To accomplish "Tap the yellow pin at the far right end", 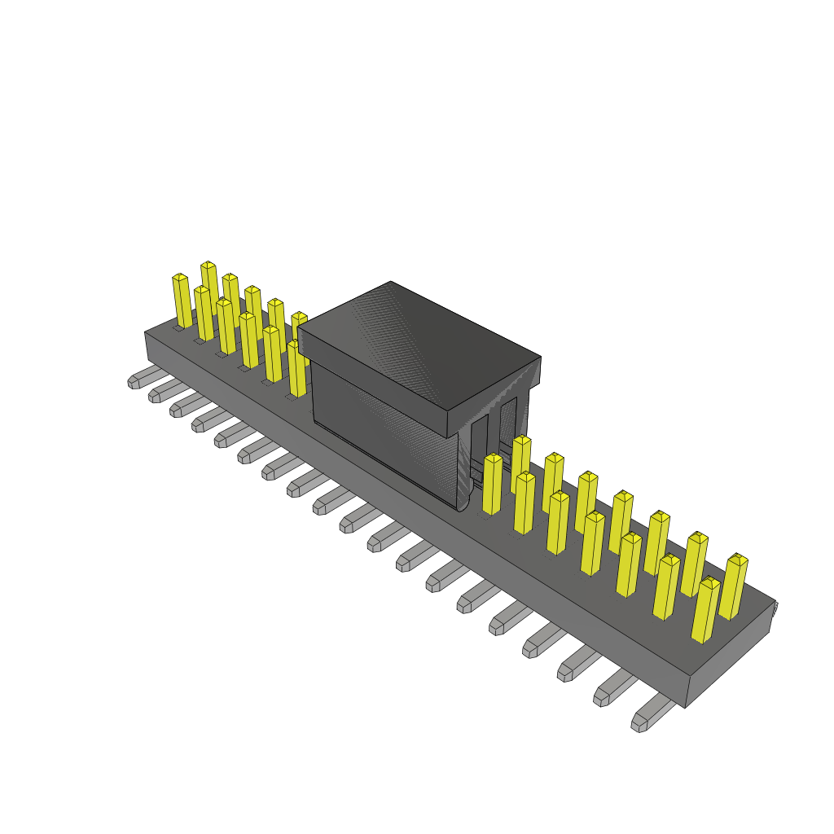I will tap(733, 586).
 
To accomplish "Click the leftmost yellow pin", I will tap(182, 301).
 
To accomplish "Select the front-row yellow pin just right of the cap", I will tap(492, 485).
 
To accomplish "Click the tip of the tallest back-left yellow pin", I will tap(208, 266).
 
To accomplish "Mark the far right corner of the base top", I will tap(774, 603).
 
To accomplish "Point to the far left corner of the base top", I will tap(147, 332).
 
